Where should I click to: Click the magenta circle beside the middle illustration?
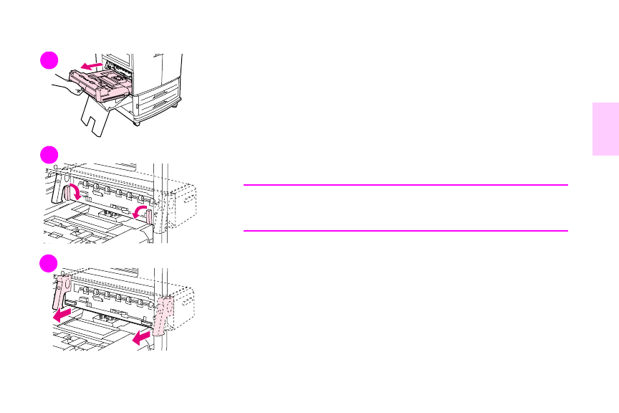(49, 154)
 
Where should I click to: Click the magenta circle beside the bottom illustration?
(49, 262)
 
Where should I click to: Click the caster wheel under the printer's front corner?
(137, 122)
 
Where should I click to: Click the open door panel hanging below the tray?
(97, 117)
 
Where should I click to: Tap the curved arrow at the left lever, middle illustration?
(72, 192)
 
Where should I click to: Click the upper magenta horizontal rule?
(405, 185)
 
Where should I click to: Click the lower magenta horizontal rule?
(405, 231)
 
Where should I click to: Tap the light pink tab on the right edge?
(605, 128)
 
